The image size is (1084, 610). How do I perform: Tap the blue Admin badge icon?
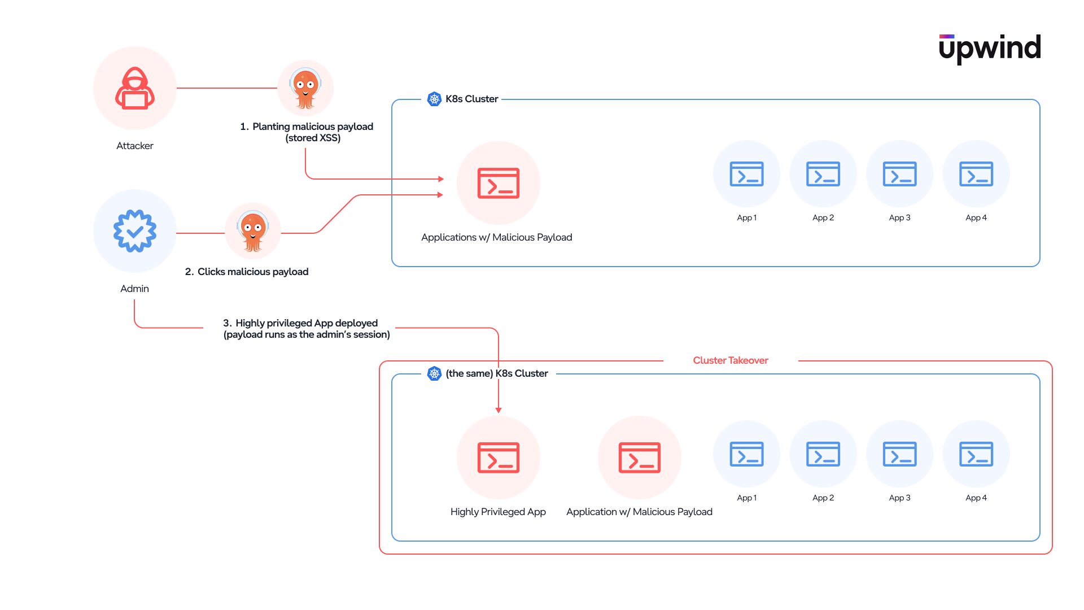pos(135,231)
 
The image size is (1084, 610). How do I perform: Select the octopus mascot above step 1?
pos(305,88)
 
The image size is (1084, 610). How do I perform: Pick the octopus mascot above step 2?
pos(253,231)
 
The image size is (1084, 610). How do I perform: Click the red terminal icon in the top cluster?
pos(499,183)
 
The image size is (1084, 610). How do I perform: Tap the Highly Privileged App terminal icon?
pos(499,457)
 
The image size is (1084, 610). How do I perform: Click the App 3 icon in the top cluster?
pos(900,174)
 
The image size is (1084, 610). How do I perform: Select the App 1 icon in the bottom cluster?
pos(747,454)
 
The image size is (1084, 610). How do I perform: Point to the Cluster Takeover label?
pos(731,360)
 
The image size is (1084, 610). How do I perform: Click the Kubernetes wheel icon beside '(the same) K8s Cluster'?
pos(434,373)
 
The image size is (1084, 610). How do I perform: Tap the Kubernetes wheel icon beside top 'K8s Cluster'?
pos(434,99)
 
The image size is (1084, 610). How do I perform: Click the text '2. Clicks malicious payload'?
pos(247,272)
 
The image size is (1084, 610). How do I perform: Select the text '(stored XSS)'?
pos(313,138)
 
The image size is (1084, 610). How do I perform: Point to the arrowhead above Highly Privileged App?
pos(499,411)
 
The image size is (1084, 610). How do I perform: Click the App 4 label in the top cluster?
pos(976,217)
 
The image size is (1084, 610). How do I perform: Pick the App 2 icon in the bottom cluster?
pos(823,454)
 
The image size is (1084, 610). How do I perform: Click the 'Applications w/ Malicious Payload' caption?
pos(497,237)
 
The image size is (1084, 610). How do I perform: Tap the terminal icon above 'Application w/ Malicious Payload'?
pos(640,457)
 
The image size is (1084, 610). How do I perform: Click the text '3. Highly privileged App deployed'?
pos(300,323)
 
